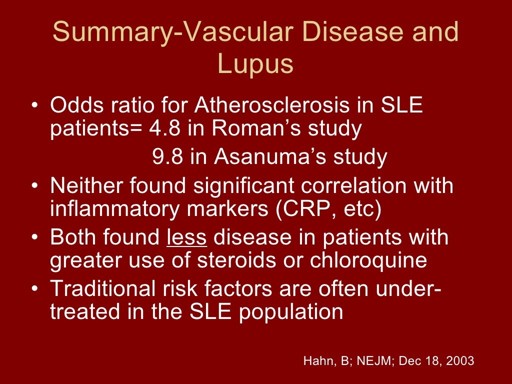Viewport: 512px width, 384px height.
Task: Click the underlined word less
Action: point(186,237)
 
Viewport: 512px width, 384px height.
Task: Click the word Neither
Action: point(87,186)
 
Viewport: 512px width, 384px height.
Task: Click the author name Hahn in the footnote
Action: point(315,360)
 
